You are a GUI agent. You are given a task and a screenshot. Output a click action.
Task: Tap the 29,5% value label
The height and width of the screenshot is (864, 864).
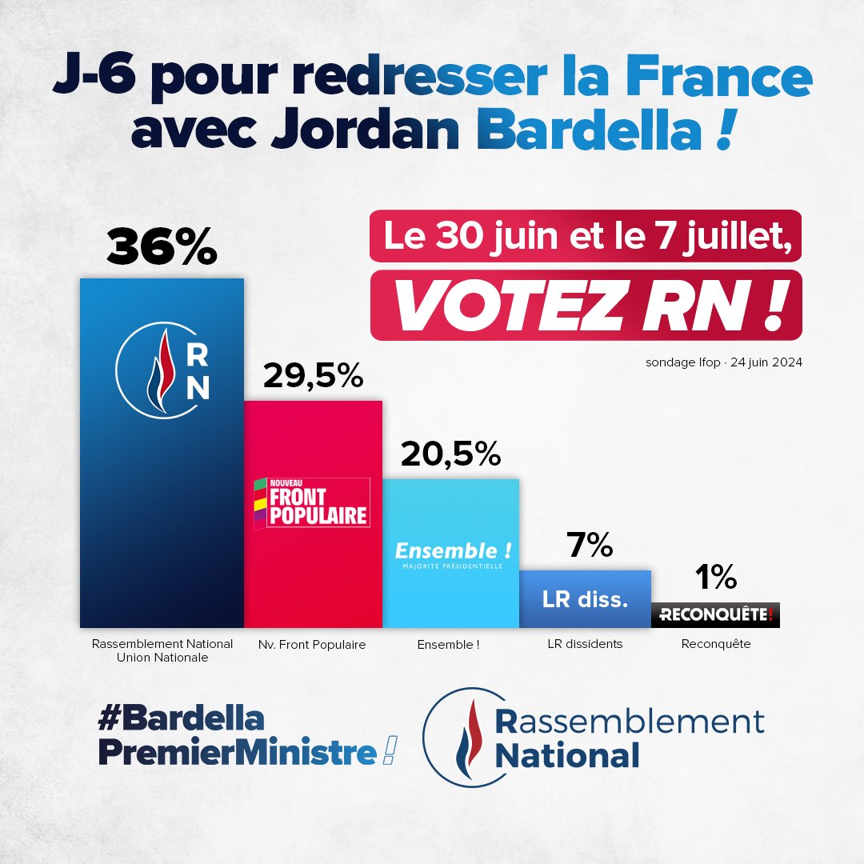pyautogui.click(x=313, y=375)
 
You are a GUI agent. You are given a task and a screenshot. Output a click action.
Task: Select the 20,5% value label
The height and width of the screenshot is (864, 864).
pyautogui.click(x=450, y=454)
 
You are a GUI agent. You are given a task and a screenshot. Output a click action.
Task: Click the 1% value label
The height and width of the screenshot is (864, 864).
pyautogui.click(x=715, y=578)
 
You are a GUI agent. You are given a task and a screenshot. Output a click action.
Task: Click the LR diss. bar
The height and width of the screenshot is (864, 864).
pyautogui.click(x=585, y=599)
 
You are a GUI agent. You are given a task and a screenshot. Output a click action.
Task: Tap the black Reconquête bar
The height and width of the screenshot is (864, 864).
pyautogui.click(x=715, y=615)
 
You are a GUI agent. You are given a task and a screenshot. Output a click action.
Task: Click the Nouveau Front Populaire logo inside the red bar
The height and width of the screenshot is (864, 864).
pyautogui.click(x=311, y=503)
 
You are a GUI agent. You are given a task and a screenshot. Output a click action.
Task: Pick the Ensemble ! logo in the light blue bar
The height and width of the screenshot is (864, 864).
pyautogui.click(x=453, y=554)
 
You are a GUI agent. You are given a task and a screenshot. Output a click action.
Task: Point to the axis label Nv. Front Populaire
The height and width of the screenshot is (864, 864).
pyautogui.click(x=312, y=644)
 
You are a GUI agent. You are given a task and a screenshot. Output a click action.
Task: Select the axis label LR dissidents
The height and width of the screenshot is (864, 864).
pyautogui.click(x=584, y=644)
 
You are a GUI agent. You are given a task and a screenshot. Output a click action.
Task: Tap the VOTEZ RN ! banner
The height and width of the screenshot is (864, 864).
pyautogui.click(x=586, y=307)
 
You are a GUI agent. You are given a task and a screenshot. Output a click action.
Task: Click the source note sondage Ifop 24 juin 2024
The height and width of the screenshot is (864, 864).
pyautogui.click(x=723, y=362)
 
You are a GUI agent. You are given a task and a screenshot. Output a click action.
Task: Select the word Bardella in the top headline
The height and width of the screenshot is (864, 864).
pyautogui.click(x=578, y=131)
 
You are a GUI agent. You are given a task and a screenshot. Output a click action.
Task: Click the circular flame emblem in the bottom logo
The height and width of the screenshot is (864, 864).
pyautogui.click(x=464, y=737)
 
